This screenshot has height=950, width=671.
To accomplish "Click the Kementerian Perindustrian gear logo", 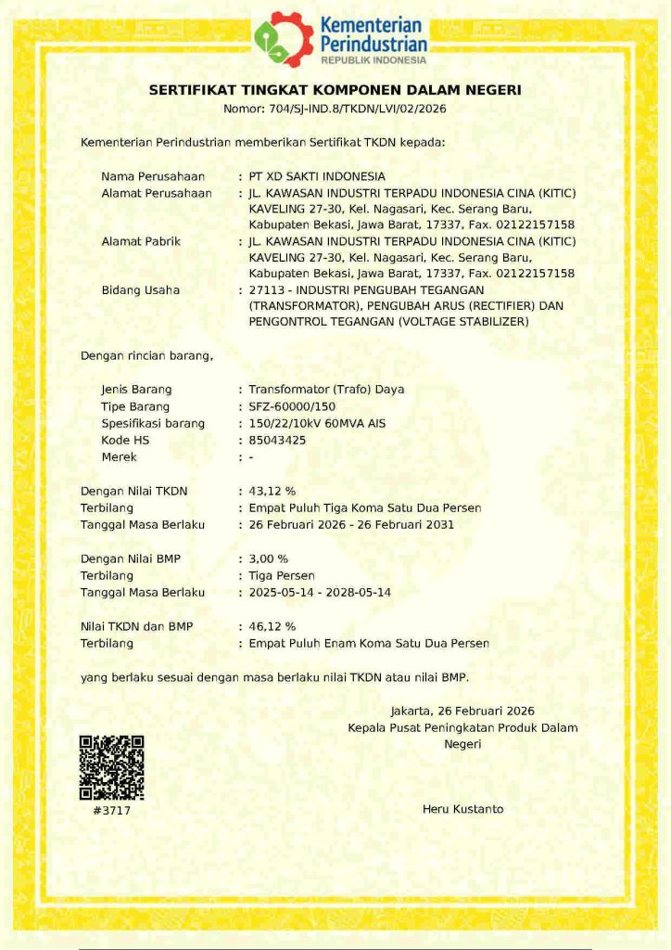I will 284,39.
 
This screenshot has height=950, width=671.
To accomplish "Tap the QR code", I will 111,767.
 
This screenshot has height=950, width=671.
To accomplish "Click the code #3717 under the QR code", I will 111,810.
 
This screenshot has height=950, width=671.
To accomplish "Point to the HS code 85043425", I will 277,440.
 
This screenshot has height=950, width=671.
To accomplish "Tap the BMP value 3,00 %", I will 269,558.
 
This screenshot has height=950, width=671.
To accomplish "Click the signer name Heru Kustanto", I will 462,809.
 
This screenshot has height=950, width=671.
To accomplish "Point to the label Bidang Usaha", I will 140,289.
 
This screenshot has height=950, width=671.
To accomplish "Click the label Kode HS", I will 125,440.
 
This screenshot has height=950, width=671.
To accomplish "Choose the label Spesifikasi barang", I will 152,423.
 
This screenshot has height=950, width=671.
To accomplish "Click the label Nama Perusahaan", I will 152,175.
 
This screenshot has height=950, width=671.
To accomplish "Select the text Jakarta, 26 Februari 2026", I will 462,711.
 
